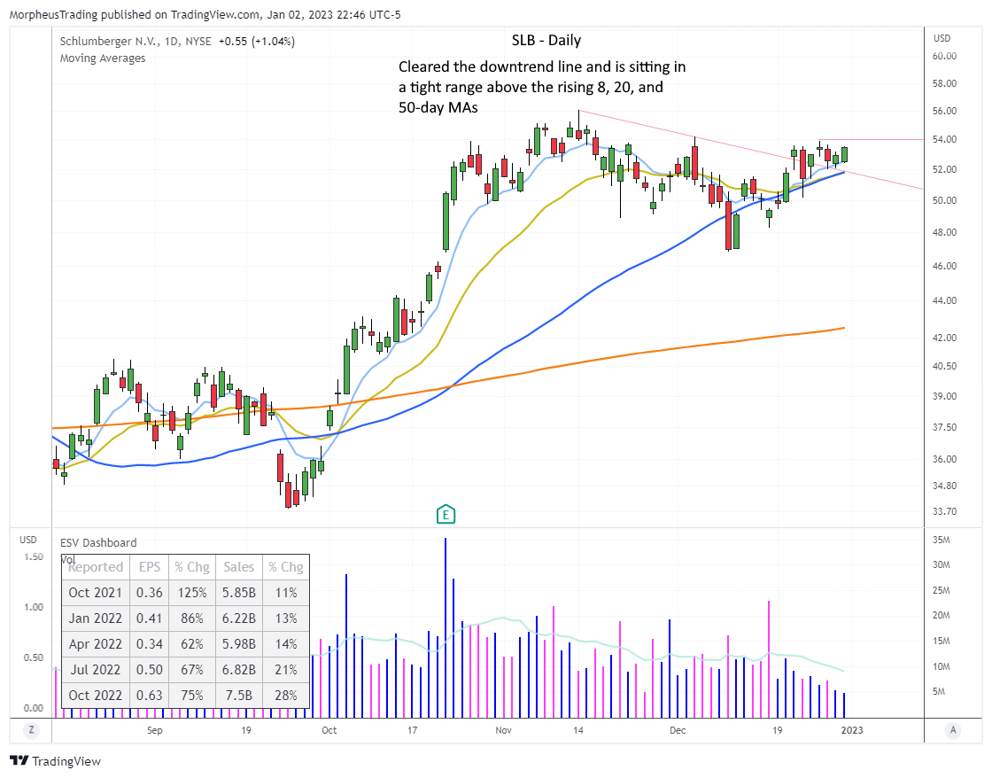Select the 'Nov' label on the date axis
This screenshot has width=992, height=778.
tap(504, 731)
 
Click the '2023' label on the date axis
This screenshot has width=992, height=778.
tap(851, 731)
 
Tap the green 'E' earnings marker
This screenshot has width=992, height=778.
tap(446, 514)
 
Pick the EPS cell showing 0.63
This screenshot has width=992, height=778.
tap(150, 696)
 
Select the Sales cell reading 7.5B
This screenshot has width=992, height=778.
tap(238, 696)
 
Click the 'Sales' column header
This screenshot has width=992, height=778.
tap(238, 567)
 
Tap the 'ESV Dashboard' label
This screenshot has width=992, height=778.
tap(98, 543)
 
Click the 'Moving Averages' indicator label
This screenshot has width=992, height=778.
tap(102, 58)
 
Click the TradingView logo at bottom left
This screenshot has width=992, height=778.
tap(55, 761)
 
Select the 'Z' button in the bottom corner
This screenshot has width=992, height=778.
tap(30, 730)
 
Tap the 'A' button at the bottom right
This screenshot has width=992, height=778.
tap(953, 730)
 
